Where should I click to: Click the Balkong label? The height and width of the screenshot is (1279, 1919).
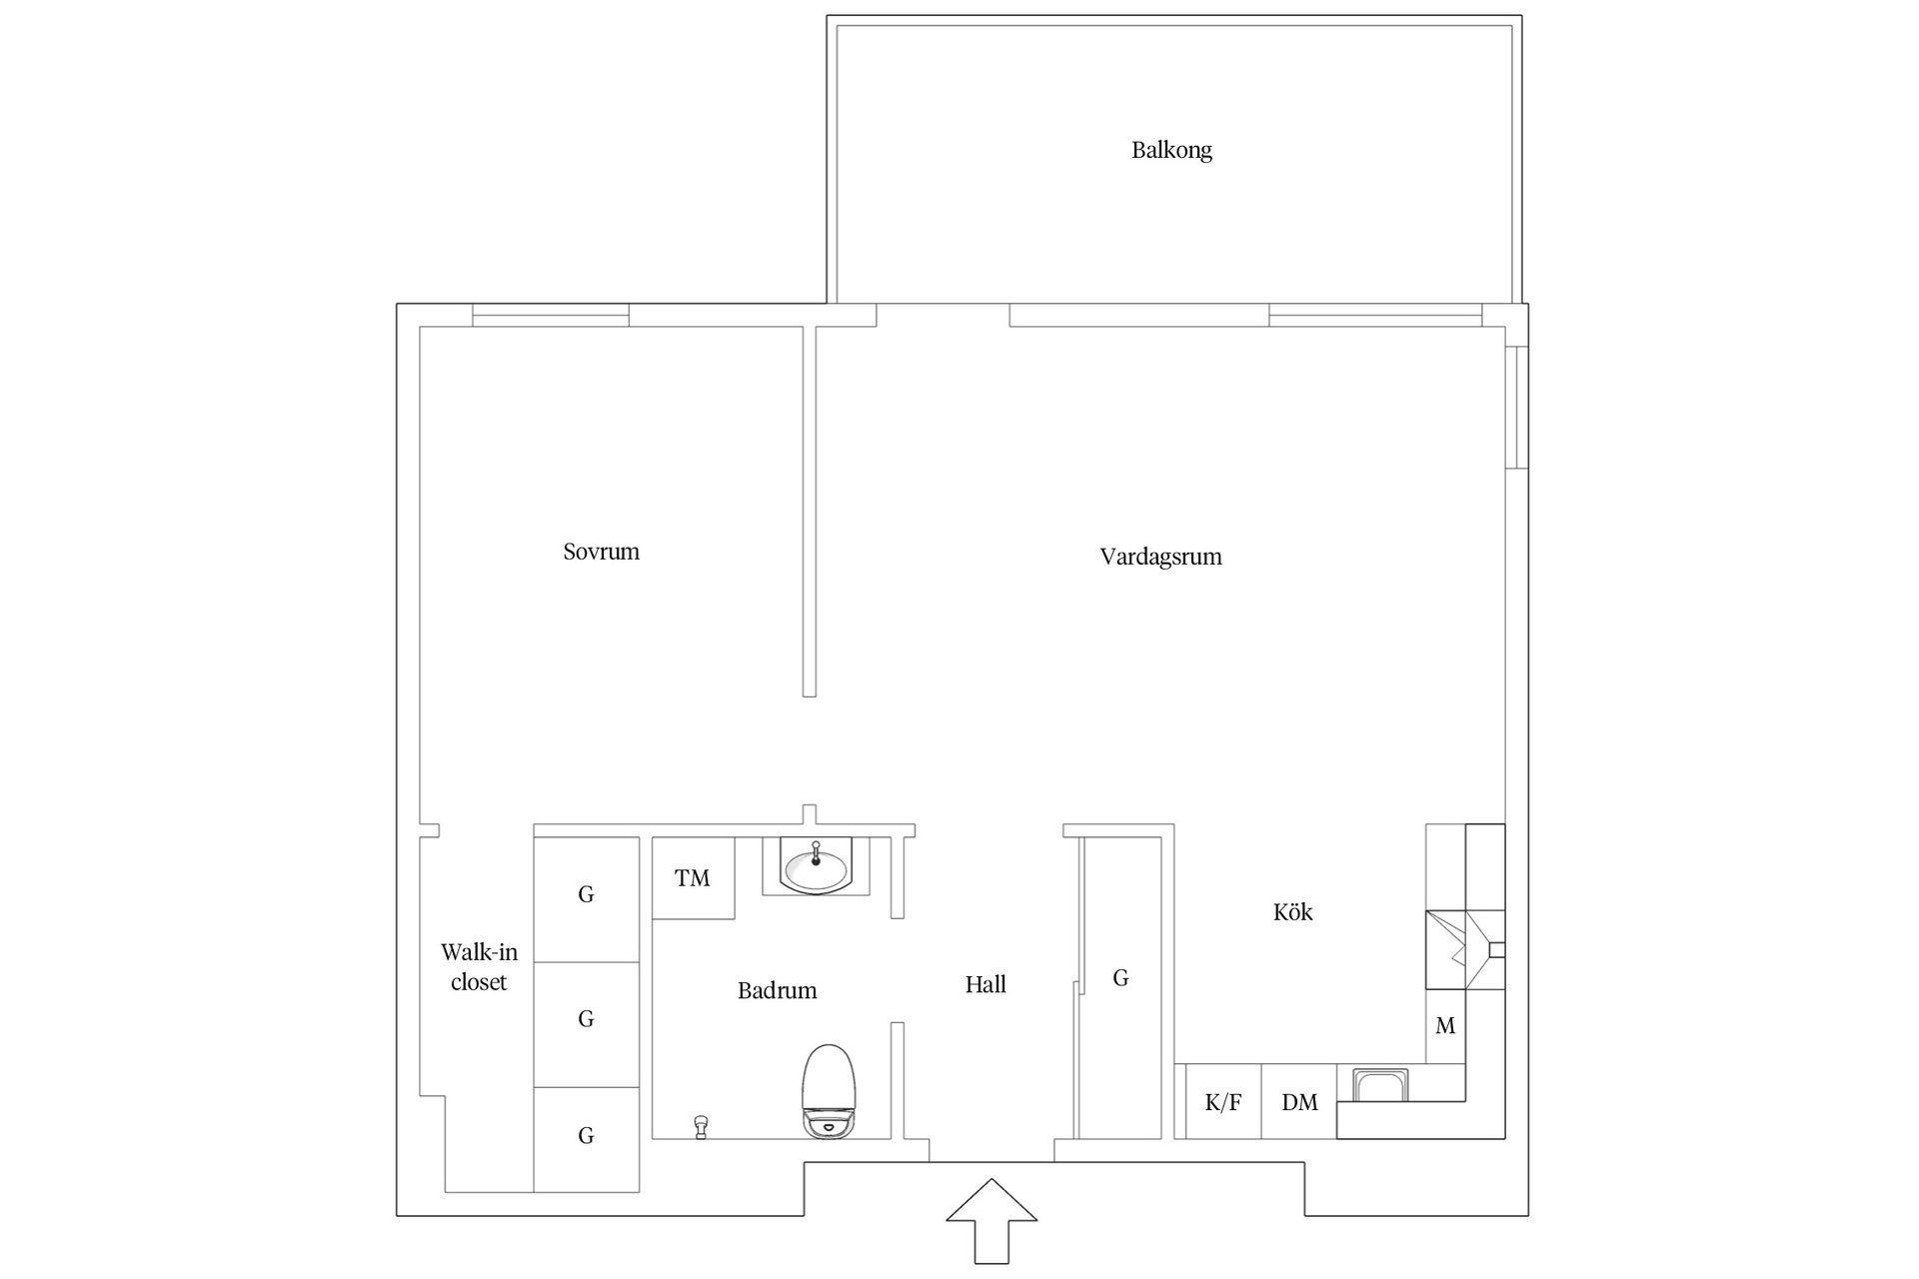1171,151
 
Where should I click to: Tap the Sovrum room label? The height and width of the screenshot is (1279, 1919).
601,552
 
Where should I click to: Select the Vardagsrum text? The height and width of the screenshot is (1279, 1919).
1160,557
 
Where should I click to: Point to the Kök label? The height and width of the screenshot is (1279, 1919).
1292,911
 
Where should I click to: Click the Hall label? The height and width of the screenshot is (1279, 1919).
985,985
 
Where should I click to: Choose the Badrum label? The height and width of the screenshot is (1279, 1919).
777,990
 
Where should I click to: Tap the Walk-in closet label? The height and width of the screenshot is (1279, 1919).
479,967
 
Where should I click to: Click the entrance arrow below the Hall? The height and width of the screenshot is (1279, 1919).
991,1220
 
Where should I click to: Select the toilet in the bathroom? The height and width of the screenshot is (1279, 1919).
829,1091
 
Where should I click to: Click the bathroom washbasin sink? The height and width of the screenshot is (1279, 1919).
816,866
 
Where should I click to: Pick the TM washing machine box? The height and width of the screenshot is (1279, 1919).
693,878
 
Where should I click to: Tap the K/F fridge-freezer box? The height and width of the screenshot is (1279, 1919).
1223,1102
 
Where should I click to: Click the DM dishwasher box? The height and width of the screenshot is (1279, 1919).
1299,1102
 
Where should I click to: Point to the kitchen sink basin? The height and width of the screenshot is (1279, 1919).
1380,1085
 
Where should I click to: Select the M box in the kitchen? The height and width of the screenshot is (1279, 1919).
1445,1026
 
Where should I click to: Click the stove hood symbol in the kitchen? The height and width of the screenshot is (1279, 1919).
1465,949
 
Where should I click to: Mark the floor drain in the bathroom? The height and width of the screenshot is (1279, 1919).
701,1127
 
